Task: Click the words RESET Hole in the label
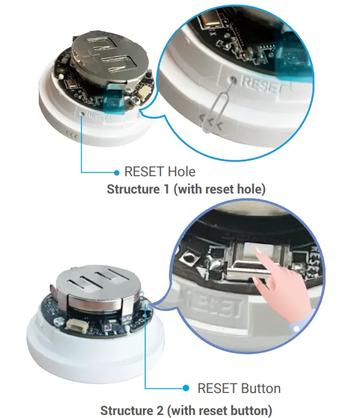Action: (159, 172)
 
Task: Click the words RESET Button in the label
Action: (239, 388)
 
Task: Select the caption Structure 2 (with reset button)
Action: (186, 410)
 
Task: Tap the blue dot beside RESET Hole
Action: (117, 173)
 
